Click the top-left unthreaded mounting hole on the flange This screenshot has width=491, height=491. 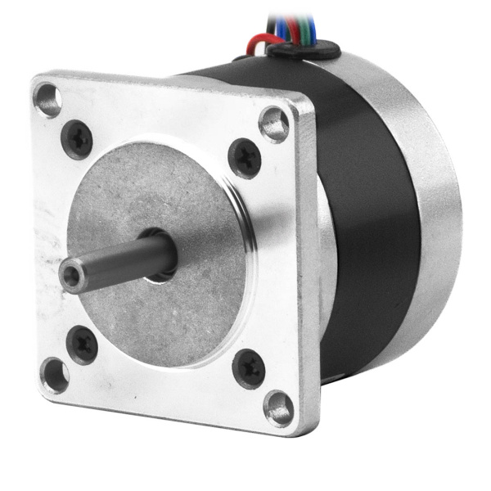coord(47,100)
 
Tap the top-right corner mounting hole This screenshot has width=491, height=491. coord(274,124)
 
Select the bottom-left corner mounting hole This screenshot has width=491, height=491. coord(55,375)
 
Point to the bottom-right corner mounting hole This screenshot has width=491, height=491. coord(278,406)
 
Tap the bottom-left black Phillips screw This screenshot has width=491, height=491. coord(82,343)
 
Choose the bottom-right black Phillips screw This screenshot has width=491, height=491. coord(248,367)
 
